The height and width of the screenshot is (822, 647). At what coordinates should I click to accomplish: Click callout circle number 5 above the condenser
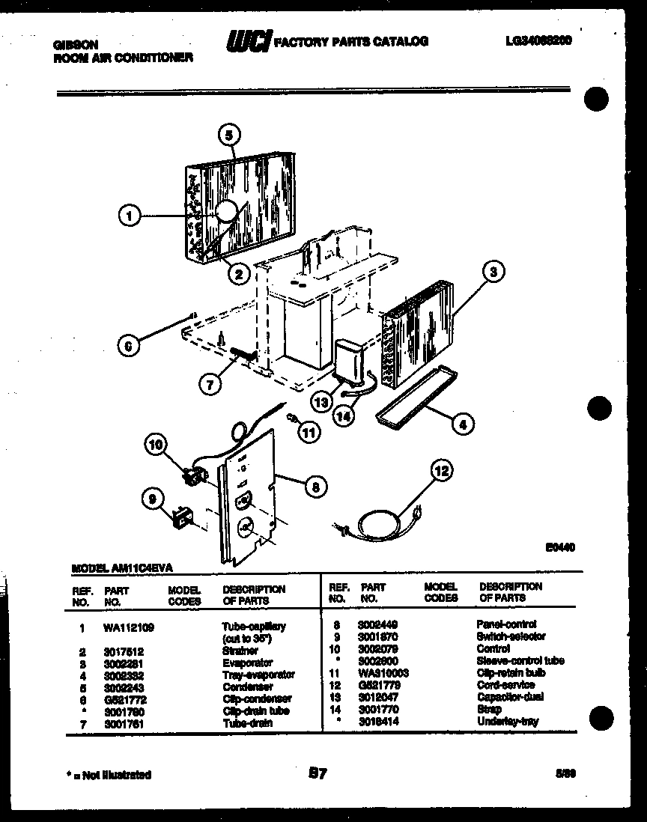click(x=229, y=136)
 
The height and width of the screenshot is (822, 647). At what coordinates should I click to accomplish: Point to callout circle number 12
click(x=442, y=471)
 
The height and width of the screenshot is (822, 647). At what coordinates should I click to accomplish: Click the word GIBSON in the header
click(x=75, y=44)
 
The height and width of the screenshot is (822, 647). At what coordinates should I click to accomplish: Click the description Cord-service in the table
click(x=507, y=684)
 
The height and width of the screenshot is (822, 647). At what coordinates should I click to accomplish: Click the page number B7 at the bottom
click(x=317, y=773)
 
